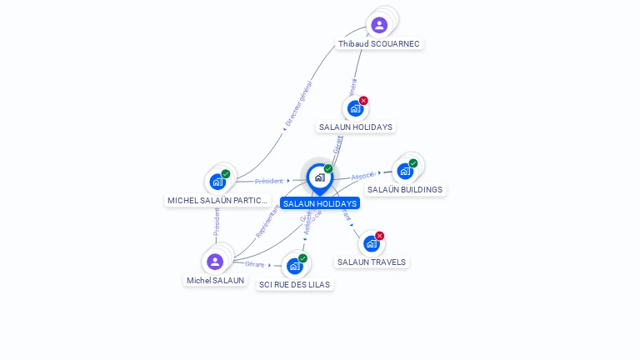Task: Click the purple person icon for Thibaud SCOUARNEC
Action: tap(379, 25)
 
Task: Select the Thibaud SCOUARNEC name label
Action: tap(379, 43)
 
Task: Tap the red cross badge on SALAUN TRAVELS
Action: tap(380, 236)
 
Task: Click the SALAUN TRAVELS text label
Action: tap(372, 262)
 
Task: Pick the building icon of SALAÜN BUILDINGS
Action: tap(405, 171)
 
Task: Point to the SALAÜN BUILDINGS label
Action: tap(405, 189)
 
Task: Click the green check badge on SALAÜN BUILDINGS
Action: tap(413, 163)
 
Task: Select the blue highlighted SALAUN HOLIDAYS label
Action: tap(320, 203)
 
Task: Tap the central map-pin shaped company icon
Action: tap(319, 177)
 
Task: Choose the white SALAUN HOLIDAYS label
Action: tap(355, 127)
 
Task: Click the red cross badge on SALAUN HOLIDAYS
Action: tap(363, 101)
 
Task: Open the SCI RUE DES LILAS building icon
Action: tap(294, 266)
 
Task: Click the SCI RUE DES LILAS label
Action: tap(294, 284)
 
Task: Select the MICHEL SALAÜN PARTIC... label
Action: tap(218, 200)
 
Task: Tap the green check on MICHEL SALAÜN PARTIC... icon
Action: tap(226, 173)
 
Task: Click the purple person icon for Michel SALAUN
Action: tap(215, 262)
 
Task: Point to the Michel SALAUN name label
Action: tap(216, 280)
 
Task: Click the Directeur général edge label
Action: tap(298, 104)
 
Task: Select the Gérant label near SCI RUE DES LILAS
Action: tap(255, 264)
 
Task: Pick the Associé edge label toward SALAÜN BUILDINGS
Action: tap(363, 176)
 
